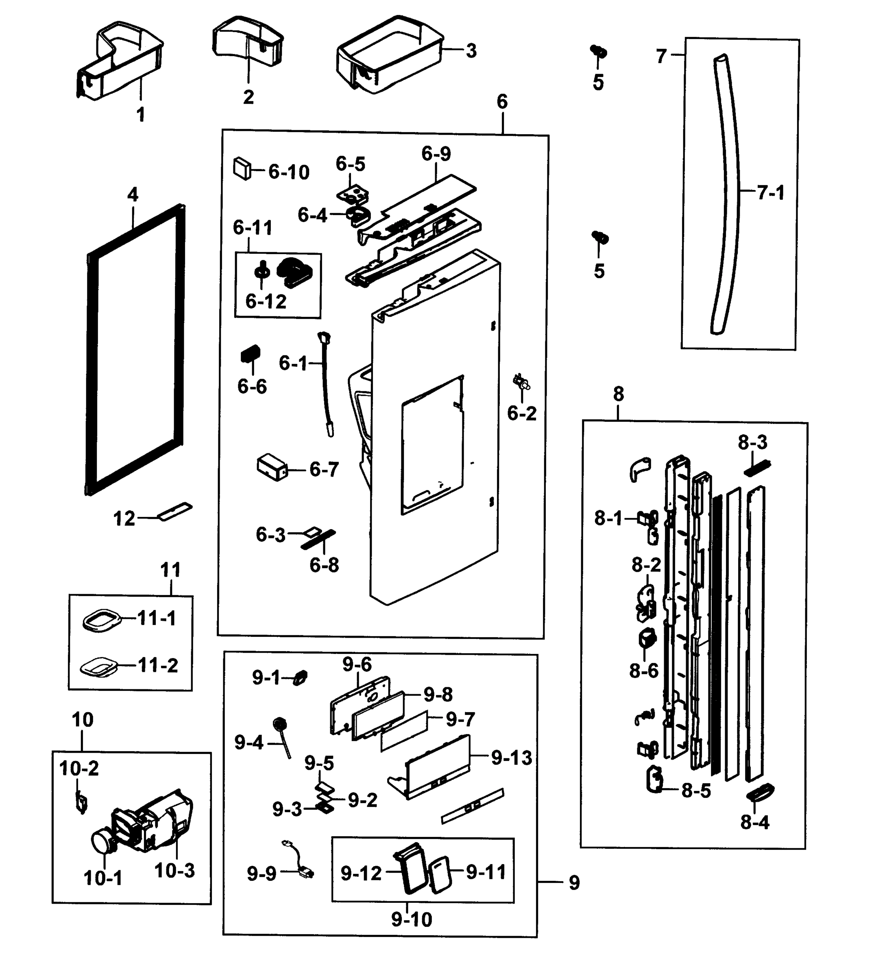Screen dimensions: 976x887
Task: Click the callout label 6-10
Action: point(289,172)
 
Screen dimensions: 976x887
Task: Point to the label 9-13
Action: point(511,758)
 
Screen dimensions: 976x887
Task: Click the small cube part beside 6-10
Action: point(242,168)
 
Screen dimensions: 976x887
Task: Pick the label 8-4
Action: point(755,822)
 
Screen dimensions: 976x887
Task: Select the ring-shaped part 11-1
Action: point(101,620)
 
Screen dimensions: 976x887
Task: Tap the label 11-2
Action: point(158,666)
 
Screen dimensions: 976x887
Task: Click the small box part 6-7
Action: point(272,467)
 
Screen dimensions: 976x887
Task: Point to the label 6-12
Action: point(266,302)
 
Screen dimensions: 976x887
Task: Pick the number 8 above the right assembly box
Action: point(618,394)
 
